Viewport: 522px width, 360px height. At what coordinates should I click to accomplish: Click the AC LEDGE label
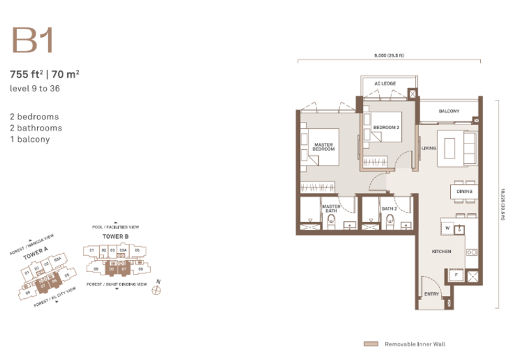tap(386, 84)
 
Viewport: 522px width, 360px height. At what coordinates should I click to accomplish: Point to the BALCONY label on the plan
tap(449, 112)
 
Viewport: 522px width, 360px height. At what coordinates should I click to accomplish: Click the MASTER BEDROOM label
tap(324, 147)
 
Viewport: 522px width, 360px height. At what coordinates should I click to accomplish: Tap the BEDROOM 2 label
tap(386, 127)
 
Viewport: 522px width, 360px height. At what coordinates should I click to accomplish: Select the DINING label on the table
tap(464, 191)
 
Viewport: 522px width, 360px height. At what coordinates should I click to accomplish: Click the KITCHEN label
tap(442, 251)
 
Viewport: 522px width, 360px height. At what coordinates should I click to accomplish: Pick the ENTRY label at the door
tap(432, 294)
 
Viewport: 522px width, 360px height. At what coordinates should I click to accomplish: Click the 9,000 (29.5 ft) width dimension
tap(390, 56)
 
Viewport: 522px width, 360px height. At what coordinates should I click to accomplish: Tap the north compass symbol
tap(156, 290)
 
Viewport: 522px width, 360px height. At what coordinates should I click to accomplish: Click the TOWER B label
tap(115, 235)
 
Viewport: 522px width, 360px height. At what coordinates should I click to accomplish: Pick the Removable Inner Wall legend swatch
tap(371, 344)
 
